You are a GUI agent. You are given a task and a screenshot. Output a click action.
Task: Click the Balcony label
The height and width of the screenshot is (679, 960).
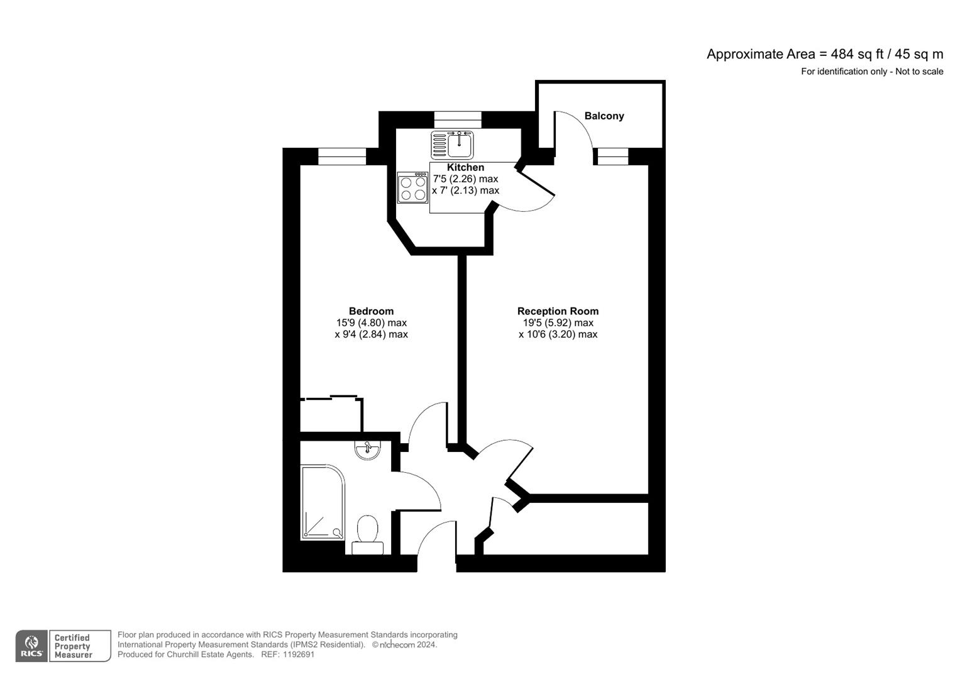[x=604, y=116]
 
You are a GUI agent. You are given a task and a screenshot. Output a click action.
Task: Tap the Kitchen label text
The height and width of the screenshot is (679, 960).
[x=465, y=167]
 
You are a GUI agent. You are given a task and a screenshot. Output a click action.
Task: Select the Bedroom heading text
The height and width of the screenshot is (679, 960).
[x=371, y=311]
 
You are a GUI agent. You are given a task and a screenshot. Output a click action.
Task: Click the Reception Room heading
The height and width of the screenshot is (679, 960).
[x=558, y=311]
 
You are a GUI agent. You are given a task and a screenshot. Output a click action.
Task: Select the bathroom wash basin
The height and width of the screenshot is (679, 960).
[x=367, y=449]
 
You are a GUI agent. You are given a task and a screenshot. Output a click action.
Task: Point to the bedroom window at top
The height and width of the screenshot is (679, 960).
[x=341, y=156]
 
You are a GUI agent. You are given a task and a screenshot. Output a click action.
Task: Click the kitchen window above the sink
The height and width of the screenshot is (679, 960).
[x=458, y=119]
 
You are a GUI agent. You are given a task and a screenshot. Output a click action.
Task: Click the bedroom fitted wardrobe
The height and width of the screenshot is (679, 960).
[x=331, y=414]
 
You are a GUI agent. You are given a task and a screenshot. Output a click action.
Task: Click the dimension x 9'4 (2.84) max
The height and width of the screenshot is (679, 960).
[x=371, y=334]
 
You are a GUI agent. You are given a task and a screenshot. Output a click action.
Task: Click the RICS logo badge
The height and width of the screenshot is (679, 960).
[x=31, y=646]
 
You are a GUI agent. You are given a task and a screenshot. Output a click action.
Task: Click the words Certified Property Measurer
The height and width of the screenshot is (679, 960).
[x=73, y=646]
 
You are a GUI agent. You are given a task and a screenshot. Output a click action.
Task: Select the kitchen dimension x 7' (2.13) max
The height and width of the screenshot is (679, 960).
[x=465, y=190]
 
